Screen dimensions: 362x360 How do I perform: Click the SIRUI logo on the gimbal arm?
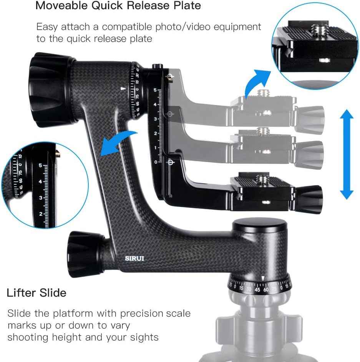pos(133,258)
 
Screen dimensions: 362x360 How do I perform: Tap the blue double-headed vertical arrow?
pos(347,154)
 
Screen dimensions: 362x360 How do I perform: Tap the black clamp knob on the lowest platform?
pos(310,199)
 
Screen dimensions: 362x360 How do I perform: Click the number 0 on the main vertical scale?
pos(156,162)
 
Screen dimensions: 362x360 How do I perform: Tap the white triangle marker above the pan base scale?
pos(262,278)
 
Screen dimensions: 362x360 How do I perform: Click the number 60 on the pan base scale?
pos(265,289)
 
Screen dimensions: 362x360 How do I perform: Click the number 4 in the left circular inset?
pos(40,181)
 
